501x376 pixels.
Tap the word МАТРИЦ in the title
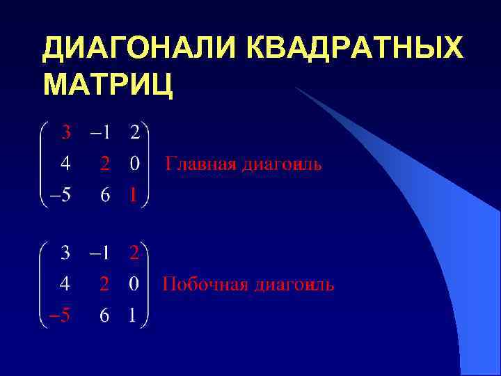point(109,85)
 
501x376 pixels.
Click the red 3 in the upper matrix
point(65,132)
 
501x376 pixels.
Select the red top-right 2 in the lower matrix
point(134,253)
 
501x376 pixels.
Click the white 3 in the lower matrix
point(65,253)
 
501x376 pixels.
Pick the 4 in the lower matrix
point(65,285)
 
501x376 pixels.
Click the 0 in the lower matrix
point(134,285)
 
